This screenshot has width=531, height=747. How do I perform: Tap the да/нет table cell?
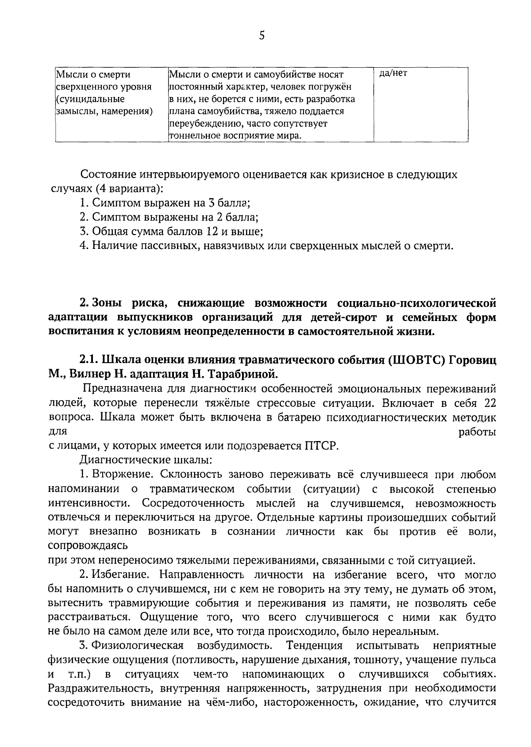[393, 74]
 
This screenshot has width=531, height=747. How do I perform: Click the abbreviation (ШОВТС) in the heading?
[416, 360]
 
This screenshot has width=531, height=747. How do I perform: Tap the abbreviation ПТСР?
[321, 446]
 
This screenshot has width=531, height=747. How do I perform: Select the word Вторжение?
[123, 475]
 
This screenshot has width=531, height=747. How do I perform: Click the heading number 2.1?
[90, 360]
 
